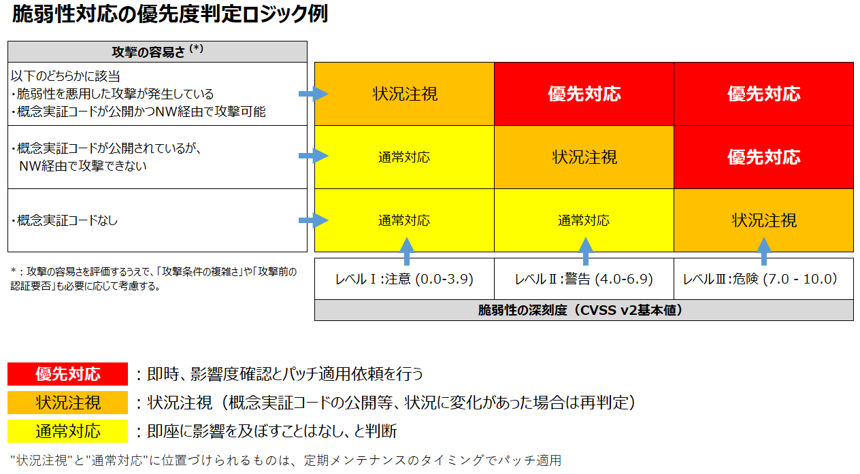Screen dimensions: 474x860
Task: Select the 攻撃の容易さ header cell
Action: pos(157,52)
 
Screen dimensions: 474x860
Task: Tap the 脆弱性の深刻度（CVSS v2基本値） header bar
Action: pos(583,310)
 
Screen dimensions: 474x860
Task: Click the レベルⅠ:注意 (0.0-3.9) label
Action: pos(404,279)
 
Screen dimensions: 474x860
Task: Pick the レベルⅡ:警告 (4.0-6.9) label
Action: pos(584,279)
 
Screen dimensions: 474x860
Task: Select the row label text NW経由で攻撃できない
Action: pos(83,165)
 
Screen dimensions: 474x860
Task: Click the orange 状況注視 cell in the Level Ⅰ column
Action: pos(405,94)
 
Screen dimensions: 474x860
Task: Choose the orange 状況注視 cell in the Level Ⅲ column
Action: pos(764,220)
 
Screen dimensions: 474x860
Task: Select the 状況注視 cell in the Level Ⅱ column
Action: pos(584,157)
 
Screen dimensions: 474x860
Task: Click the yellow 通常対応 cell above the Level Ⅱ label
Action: pos(584,220)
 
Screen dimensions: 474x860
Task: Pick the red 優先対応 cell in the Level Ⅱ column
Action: pos(584,94)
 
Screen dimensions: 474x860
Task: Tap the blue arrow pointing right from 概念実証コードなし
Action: pos(314,220)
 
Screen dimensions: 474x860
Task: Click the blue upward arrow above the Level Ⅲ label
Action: pos(764,250)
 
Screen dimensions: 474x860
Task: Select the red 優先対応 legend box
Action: pos(68,374)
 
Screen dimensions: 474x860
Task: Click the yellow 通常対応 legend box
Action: pos(68,431)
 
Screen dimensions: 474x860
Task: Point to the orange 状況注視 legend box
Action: pos(68,403)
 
